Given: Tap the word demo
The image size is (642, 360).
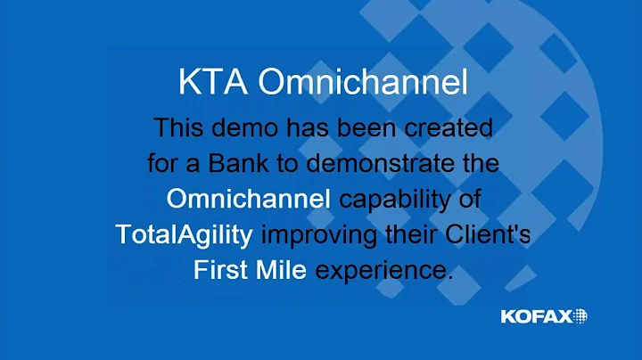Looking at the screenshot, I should (x=248, y=128).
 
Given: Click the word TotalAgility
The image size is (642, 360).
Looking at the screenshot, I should (x=185, y=235).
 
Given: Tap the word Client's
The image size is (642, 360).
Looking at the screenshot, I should (x=483, y=235).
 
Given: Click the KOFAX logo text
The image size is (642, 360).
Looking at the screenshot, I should (x=535, y=315).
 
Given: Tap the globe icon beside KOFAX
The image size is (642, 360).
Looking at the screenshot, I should (x=580, y=315).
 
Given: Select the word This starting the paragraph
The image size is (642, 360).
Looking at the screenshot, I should (x=181, y=128).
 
